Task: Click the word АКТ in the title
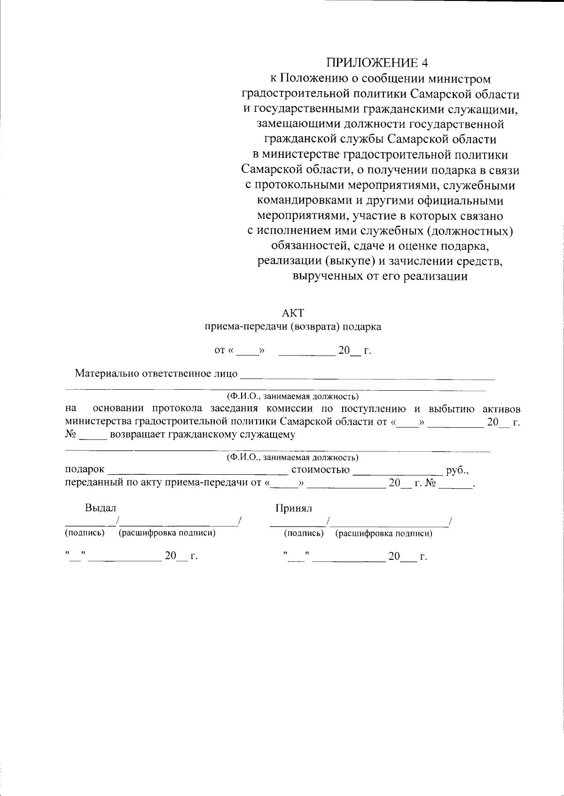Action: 292,313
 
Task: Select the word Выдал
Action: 100,508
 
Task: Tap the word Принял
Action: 294,508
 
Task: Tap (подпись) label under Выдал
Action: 85,533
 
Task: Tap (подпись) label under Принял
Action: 304,533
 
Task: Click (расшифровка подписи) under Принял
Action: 384,533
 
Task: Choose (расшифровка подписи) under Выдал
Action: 167,533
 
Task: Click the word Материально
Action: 107,374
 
